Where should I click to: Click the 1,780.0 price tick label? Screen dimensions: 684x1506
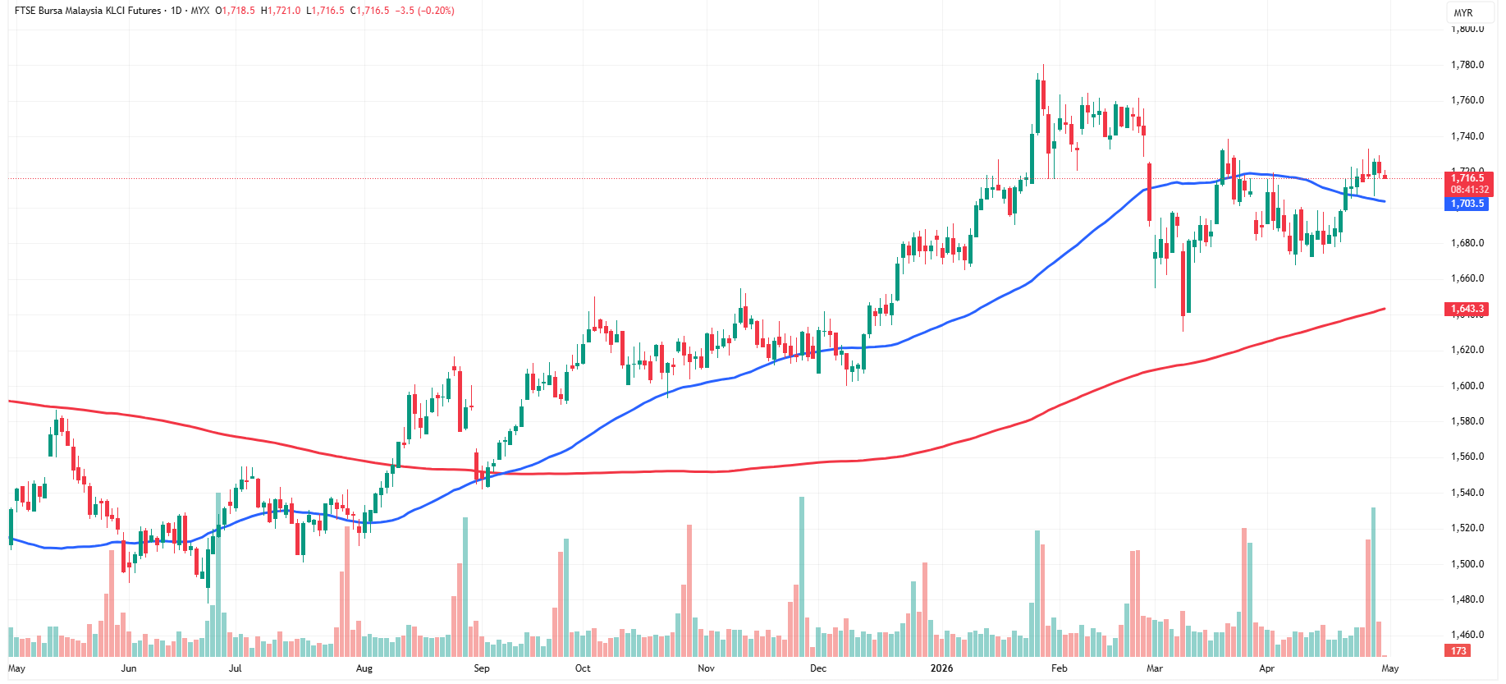pyautogui.click(x=1467, y=65)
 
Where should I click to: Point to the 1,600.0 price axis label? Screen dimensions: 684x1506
pyautogui.click(x=1467, y=386)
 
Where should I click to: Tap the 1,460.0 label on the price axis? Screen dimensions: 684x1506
pyautogui.click(x=1467, y=635)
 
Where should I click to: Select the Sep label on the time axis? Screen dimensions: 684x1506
pyautogui.click(x=482, y=668)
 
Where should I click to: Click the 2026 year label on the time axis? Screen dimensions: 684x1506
pyautogui.click(x=941, y=668)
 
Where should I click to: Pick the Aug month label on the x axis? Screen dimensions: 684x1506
pyautogui.click(x=364, y=668)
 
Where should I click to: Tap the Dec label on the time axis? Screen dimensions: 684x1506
pyautogui.click(x=818, y=668)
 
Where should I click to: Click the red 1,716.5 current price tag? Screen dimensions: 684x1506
pyautogui.click(x=1468, y=178)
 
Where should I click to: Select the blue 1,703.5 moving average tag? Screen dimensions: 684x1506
pyautogui.click(x=1467, y=204)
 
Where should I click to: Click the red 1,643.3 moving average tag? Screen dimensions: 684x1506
pyautogui.click(x=1467, y=310)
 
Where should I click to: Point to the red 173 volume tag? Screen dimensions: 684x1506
pyautogui.click(x=1458, y=651)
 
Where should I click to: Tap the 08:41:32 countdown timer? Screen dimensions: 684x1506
pyautogui.click(x=1469, y=190)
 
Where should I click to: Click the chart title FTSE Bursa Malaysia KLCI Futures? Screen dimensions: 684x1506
pyautogui.click(x=88, y=11)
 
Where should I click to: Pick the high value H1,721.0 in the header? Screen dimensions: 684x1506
pyautogui.click(x=281, y=11)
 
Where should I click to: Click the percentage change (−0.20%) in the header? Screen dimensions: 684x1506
pyautogui.click(x=437, y=11)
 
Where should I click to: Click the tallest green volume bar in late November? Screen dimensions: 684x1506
pyautogui.click(x=802, y=575)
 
